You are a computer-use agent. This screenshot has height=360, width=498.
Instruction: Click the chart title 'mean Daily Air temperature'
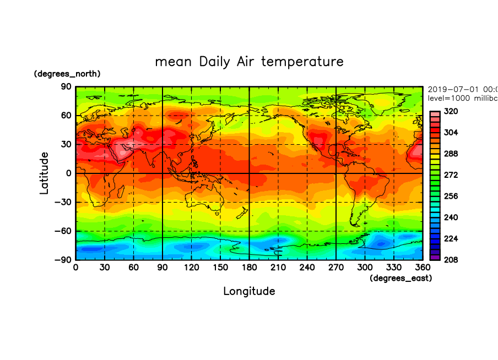249,61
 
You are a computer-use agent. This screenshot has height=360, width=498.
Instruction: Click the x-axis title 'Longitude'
249,291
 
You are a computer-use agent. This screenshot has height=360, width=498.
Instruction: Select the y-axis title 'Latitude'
44,173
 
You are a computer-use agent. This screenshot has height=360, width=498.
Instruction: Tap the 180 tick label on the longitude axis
249,268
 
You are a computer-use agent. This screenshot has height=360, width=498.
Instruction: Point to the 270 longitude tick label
335,268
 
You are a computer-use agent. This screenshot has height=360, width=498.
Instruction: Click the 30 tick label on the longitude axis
105,268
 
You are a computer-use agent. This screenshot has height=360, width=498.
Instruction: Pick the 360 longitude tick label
422,268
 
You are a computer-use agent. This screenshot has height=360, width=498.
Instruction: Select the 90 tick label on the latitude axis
66,87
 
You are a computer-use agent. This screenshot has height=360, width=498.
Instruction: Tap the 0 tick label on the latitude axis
69,173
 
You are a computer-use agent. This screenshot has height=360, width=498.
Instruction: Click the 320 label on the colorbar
451,111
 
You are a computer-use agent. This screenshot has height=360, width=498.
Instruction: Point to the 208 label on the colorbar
451,259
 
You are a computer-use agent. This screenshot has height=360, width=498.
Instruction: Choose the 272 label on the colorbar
451,175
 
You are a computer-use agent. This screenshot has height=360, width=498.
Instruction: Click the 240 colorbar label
451,217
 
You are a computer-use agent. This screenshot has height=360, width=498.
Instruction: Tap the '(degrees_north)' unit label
67,74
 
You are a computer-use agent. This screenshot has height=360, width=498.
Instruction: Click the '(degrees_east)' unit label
400,279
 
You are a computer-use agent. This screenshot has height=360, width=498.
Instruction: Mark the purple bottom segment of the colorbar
435,257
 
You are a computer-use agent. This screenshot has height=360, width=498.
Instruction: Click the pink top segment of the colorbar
435,113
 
